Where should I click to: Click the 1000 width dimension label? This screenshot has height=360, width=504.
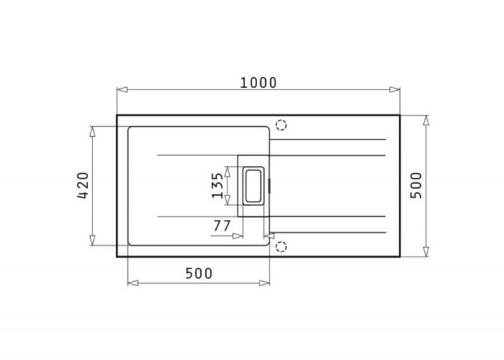click(x=258, y=83)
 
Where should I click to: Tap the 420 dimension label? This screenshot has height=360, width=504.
click(x=83, y=185)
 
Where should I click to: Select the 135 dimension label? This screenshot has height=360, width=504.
click(x=217, y=185)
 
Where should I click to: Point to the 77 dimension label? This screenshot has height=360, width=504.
click(x=222, y=226)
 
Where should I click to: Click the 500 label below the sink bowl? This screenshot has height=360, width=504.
click(x=199, y=274)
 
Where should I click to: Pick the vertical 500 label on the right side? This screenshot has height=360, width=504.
click(x=416, y=185)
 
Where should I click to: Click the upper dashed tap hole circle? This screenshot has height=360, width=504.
click(x=281, y=125)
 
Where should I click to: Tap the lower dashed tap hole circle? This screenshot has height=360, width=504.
click(x=281, y=247)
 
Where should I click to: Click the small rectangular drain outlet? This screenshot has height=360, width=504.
click(x=254, y=186)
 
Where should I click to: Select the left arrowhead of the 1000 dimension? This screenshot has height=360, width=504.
click(x=122, y=90)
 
